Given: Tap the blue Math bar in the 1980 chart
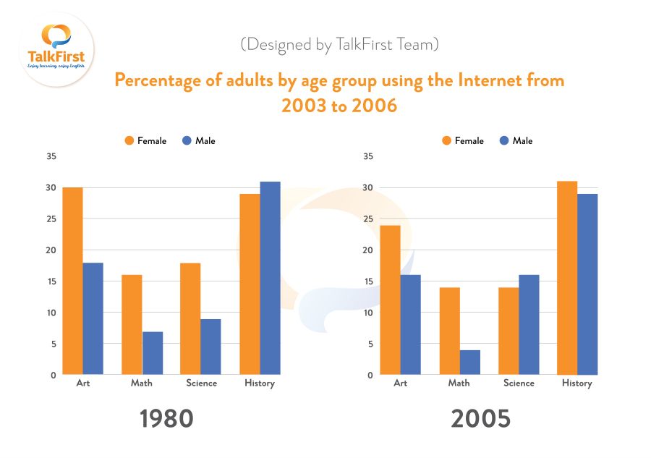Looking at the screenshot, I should coord(153,353).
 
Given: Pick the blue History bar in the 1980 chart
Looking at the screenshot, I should coord(270,278).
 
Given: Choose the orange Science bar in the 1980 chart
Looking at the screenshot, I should coord(190,319).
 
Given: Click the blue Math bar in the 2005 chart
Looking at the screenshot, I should coord(469,362).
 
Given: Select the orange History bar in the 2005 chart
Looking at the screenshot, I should coord(567,278).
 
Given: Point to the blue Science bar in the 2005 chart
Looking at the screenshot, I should coord(529,325).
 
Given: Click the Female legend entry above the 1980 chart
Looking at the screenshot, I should coord(145,141).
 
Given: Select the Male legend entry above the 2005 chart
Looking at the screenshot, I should coord(516,141).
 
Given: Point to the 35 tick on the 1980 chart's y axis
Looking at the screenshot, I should coord(51,156).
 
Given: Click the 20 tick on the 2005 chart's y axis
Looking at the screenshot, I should coord(368,250).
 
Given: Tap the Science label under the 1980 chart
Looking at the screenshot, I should coord(201,383).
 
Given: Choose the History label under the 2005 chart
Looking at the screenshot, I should coord(577,383).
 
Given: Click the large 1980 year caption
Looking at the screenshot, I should coord(166,418).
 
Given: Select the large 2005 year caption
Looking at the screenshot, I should coord(481,418).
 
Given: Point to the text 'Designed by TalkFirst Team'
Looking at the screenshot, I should coord(340,44).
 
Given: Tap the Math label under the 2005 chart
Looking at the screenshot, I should coord(459,383).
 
